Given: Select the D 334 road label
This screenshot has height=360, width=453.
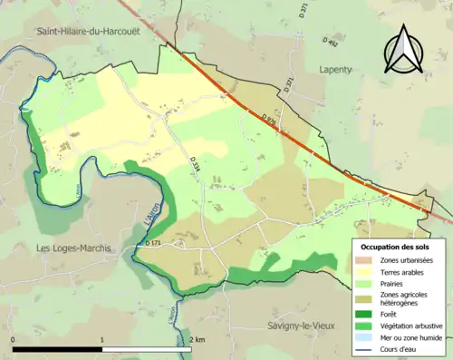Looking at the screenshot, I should click(x=195, y=164).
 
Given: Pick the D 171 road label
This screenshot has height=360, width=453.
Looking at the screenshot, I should click(x=153, y=243).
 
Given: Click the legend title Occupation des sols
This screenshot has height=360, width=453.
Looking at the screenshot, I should click(x=395, y=247).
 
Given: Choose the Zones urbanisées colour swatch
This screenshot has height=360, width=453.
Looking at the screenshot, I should click(x=367, y=261).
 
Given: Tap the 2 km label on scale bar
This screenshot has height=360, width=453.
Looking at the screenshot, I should click(x=198, y=339).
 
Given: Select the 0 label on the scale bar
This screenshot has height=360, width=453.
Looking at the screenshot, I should click(x=13, y=339).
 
